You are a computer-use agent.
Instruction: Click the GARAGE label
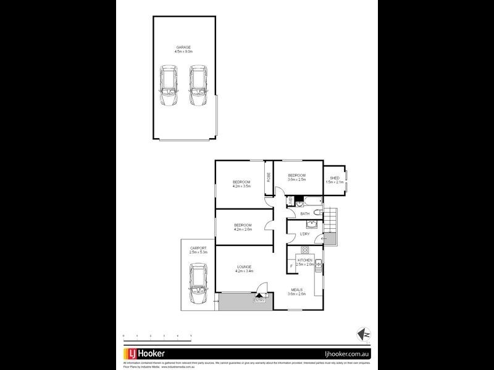[183, 47]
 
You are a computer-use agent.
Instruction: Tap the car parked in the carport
[198, 284]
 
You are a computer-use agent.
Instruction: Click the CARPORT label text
[198, 248]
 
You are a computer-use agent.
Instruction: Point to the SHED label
[335, 178]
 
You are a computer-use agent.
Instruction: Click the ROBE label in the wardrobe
[269, 177]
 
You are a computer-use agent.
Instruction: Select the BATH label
[304, 214]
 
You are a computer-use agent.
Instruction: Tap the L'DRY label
[304, 234]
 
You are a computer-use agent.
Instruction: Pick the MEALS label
[297, 289]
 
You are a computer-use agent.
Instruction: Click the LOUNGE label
[243, 266]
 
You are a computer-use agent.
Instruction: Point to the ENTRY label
[259, 300]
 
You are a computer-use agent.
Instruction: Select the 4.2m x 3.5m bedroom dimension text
[241, 186]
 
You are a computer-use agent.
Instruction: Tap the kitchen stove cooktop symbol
[304, 250]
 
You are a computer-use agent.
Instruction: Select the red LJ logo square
[132, 354]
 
